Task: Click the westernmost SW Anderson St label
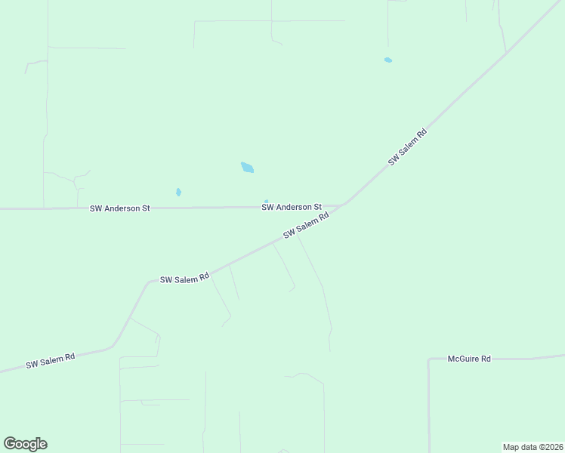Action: [120, 208]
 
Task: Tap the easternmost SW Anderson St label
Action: [292, 207]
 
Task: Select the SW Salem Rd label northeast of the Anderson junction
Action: [408, 147]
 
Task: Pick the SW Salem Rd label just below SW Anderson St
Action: [306, 226]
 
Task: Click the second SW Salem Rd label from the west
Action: [184, 279]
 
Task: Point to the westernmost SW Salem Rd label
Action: [50, 361]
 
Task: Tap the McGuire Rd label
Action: [469, 359]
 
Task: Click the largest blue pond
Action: [247, 168]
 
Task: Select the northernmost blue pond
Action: [388, 60]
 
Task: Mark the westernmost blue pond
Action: [178, 192]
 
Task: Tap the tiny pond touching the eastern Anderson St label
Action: [266, 201]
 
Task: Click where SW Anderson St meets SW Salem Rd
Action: [345, 204]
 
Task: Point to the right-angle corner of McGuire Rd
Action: [429, 359]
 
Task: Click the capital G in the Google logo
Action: [11, 444]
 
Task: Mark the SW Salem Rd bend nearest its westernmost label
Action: [113, 346]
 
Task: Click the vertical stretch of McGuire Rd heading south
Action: [429, 408]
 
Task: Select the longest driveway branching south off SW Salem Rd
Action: [317, 279]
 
